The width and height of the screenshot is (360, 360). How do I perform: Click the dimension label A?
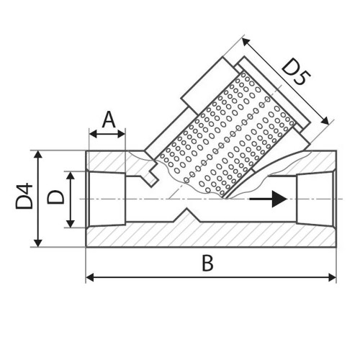pos(109,120)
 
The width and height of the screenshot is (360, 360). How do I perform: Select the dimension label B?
pos(207,263)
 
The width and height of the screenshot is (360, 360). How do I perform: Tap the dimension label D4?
pos(24,196)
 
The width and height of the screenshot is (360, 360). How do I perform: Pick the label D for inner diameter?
pos(55,197)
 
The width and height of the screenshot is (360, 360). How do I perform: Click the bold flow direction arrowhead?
pos(279,199)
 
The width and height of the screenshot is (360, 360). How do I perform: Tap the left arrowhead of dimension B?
pos(90,278)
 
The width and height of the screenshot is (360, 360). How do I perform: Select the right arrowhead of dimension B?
pos(332,278)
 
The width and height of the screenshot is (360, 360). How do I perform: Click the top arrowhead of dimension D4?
pos(38,154)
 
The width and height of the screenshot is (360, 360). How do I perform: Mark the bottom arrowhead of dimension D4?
pos(38,243)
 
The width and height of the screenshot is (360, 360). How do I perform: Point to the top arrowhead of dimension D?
pos(70,176)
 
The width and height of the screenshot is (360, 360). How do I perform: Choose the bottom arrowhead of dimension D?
pos(70,223)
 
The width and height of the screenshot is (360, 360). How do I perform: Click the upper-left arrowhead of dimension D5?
pos(246,42)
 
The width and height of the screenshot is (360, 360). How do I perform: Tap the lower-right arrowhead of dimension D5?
pos(325,121)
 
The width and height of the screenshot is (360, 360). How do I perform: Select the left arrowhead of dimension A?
pos(93,134)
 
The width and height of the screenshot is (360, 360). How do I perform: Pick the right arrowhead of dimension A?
pos(121,134)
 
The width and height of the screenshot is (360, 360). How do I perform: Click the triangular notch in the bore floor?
pos(187,215)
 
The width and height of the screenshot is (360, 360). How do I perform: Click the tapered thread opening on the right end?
pos(315,199)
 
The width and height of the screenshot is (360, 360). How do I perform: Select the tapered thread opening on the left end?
pos(107,199)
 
